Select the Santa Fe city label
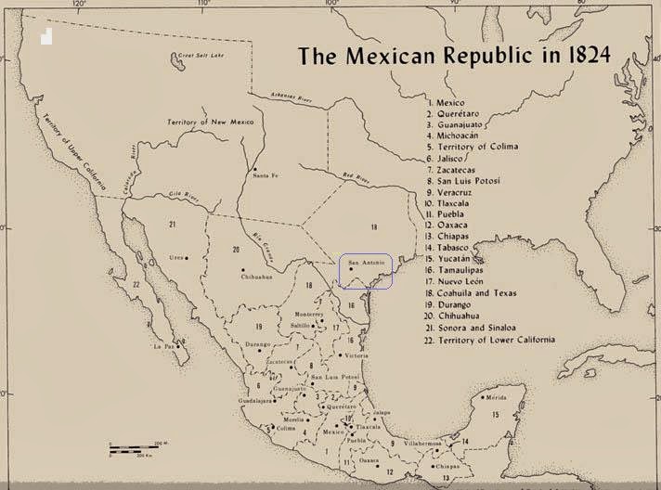point(265,176)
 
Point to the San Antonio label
point(365,263)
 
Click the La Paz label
point(163,346)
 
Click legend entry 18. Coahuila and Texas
point(485,293)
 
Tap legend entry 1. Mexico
point(448,102)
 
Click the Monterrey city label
point(308,315)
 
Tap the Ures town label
point(175,257)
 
